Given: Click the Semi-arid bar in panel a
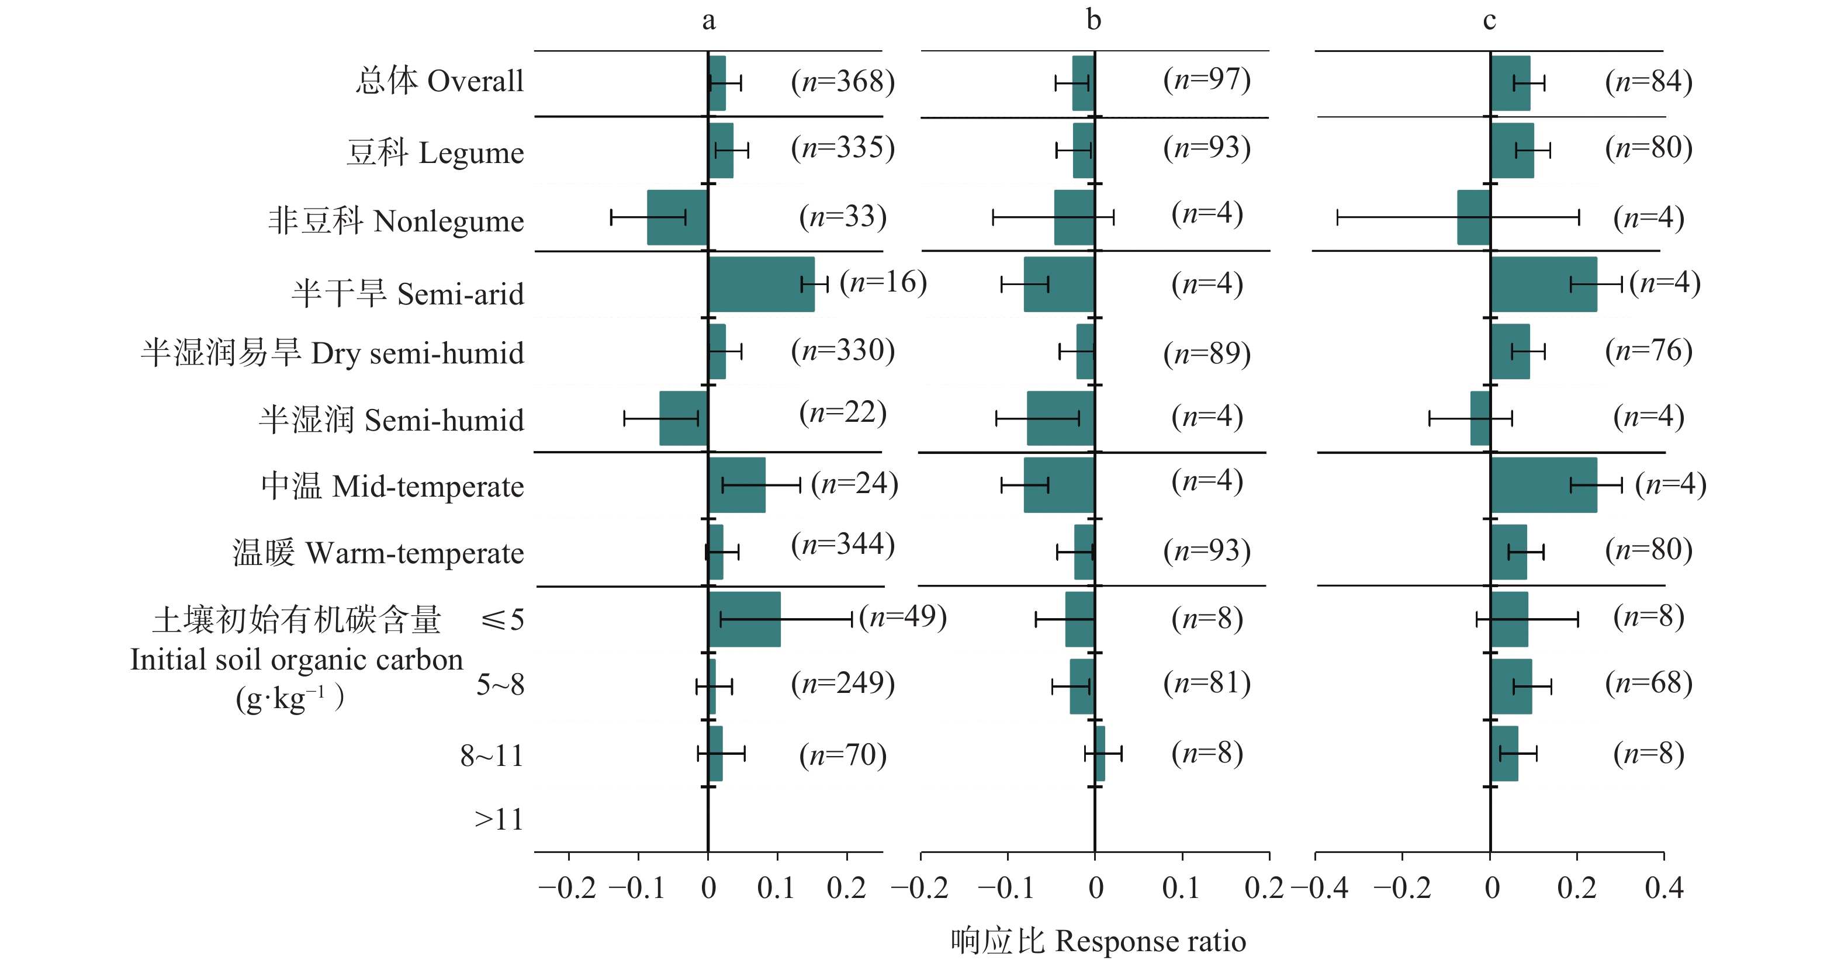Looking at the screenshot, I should click(761, 285).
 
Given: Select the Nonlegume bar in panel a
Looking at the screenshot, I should click(677, 217).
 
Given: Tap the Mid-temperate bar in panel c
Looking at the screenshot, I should click(1544, 486).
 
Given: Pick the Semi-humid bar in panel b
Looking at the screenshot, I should click(1061, 418).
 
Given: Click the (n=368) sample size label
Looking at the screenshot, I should click(843, 81).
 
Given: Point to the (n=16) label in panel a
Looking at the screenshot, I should click(883, 282).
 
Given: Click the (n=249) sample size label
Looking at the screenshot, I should click(843, 683).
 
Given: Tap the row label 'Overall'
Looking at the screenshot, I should click(440, 81).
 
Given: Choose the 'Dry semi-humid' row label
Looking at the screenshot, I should click(333, 353).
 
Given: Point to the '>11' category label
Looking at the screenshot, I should click(499, 820).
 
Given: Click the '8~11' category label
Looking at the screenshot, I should click(492, 755).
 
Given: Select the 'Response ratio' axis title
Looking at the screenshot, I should click(1098, 941).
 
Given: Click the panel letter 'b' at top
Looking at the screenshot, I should click(1093, 20).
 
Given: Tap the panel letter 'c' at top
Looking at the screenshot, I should click(1489, 20).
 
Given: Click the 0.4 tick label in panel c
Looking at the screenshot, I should click(1664, 888).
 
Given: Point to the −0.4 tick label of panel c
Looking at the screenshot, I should click(1319, 888).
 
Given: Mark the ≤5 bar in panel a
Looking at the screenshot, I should click(744, 619).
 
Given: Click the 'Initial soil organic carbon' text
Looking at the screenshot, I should click(296, 660).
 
